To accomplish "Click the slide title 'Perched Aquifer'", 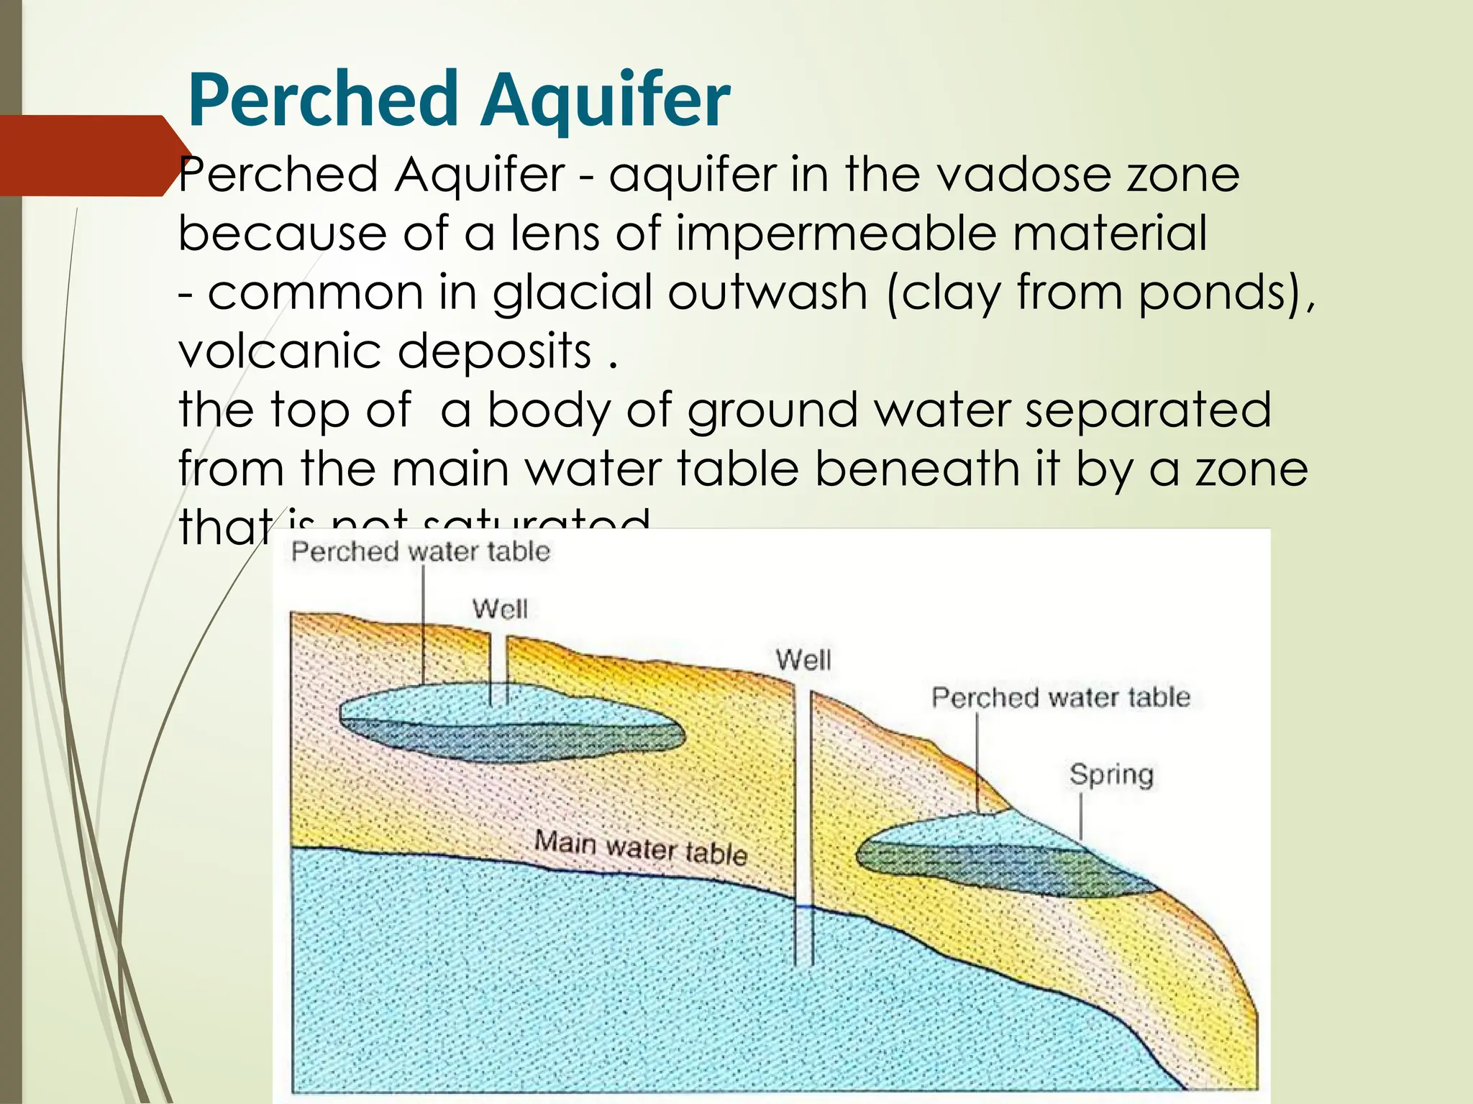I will (459, 100).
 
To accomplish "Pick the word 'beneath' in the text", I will (917, 469).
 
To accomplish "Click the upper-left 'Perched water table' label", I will (421, 552).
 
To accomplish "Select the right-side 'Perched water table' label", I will (1061, 697).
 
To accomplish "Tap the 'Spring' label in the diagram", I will (1111, 775).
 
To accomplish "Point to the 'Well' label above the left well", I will (500, 609).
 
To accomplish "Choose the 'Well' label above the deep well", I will (803, 660).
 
